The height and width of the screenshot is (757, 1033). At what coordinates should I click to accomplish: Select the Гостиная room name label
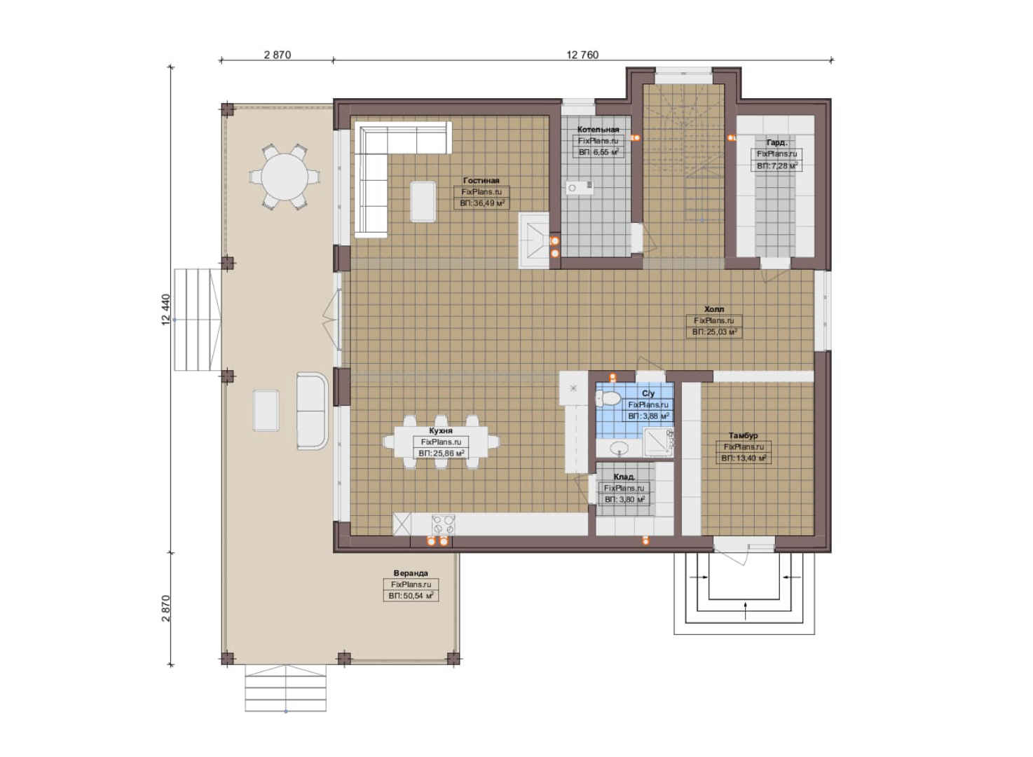pos(481,180)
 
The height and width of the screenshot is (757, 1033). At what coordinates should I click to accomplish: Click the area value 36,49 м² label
pos(481,203)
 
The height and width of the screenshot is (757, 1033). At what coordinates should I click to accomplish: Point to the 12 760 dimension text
pos(582,55)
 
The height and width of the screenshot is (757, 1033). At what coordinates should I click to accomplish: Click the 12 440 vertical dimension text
pos(166,310)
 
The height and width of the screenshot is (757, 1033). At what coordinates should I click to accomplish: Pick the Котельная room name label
pos(598,130)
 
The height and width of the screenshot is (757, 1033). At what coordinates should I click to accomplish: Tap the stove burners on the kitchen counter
pos(443,525)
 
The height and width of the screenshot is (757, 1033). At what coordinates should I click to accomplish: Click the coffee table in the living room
pos(423,202)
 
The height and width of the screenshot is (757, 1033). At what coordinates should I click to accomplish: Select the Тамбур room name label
pos(743,435)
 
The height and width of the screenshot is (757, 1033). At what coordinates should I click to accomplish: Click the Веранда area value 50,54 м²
pos(411,596)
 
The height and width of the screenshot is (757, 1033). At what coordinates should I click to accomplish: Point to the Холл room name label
pos(714,309)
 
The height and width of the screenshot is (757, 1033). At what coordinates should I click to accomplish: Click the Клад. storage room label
pos(624,477)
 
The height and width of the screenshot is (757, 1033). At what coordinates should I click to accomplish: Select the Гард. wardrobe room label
pos(777,142)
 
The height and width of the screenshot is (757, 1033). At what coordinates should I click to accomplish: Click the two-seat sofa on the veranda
pos(312,411)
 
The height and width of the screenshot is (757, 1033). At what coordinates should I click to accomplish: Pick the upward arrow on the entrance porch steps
pos(745,611)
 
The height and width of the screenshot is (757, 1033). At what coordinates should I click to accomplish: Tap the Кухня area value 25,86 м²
pos(441,453)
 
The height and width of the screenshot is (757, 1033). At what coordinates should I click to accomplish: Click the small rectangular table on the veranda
pos(266,411)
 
